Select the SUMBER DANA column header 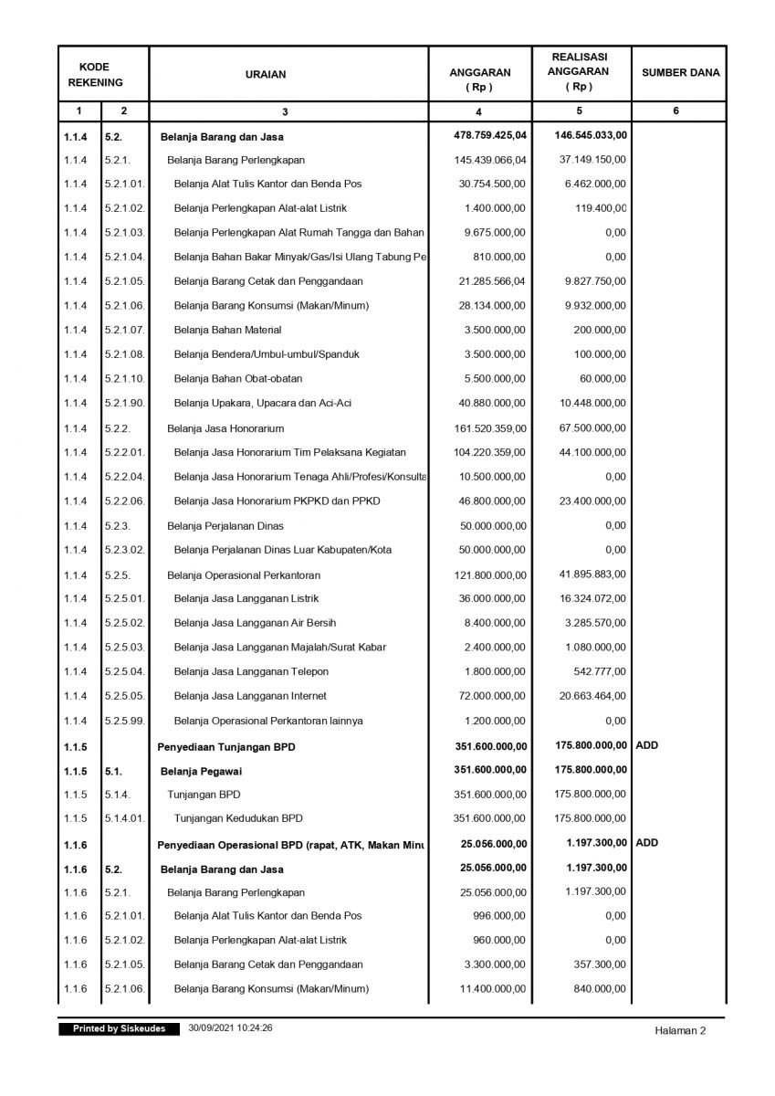click(680, 73)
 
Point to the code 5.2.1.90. click(124, 404)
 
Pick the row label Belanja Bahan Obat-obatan click(238, 379)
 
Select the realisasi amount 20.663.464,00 click(592, 696)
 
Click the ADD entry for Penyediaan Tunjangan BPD click(646, 745)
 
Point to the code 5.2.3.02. click(124, 550)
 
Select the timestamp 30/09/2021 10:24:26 click(232, 1028)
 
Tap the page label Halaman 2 click(680, 1031)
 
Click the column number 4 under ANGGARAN click(479, 111)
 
